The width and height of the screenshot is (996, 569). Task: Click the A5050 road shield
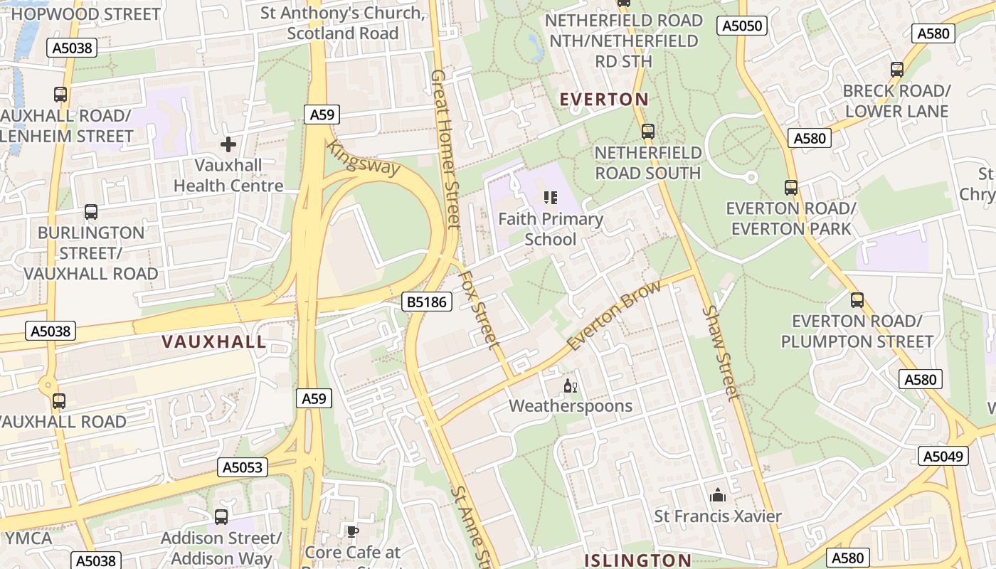coord(742,26)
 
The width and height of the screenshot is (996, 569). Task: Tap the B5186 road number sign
coord(427,302)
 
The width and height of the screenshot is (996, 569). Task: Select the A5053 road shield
coord(243,467)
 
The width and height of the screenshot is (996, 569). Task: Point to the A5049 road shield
coord(943,456)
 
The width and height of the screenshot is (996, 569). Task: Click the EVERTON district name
coord(604,100)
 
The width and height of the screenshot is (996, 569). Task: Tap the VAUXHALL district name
coord(214,341)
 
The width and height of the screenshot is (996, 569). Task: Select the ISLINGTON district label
coord(637,560)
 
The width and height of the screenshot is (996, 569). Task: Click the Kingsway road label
coord(364,158)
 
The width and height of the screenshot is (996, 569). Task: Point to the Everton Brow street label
coord(615,315)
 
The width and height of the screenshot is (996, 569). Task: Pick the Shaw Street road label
coord(721,353)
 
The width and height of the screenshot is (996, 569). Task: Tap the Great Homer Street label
coord(446,149)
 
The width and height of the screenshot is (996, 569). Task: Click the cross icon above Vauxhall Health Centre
coord(228,145)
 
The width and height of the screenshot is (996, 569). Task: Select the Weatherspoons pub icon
coord(570,386)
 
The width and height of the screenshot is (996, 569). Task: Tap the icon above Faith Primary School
coord(550,198)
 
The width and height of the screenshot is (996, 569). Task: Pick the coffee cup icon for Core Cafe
coord(352,531)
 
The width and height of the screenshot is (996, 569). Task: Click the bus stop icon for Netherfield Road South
coord(647,132)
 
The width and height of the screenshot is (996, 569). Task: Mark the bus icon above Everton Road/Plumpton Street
coord(857,300)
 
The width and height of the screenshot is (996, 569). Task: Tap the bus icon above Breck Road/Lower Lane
coord(896,70)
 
